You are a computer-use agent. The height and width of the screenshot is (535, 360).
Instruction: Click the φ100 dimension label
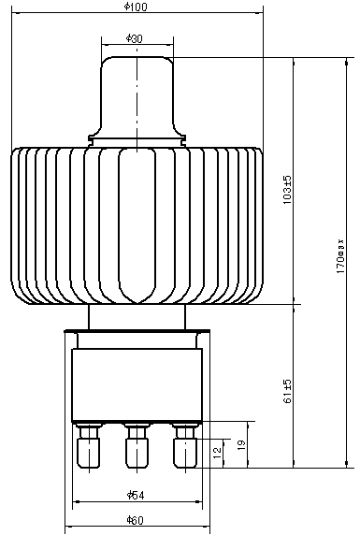coord(137,7)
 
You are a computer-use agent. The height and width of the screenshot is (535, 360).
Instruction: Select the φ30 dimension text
coord(135,38)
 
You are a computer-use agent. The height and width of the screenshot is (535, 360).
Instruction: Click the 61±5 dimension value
coord(288,391)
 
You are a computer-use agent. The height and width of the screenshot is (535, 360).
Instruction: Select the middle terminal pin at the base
coord(137,448)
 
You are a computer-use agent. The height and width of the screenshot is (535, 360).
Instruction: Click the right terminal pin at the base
coord(183,448)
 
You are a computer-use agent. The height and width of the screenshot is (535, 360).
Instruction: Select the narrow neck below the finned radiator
coord(137,317)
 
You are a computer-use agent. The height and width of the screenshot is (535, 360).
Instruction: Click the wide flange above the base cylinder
coord(137,332)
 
